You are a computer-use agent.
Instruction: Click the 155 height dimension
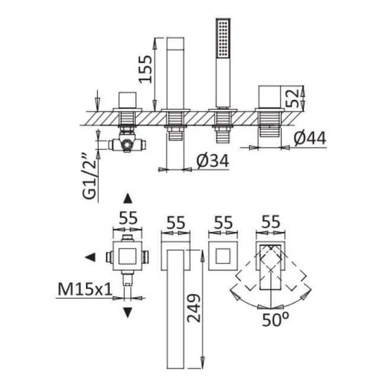point(145,69)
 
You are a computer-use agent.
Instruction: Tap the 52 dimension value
point(293,98)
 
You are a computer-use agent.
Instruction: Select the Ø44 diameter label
point(310,138)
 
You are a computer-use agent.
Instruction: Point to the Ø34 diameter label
point(213,161)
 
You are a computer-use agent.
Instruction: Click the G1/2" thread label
point(90,177)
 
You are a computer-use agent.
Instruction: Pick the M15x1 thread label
point(85,289)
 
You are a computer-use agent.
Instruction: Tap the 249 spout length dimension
point(194,308)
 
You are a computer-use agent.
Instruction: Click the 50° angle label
point(275,320)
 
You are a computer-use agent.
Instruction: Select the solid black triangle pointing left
point(90,257)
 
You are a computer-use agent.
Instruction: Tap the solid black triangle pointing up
point(127,199)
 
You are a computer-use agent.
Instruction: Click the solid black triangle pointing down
point(127,312)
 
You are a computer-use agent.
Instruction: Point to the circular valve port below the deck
point(127,145)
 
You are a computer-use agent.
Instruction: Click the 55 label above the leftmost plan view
point(128,218)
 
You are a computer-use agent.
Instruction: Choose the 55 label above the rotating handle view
point(271,222)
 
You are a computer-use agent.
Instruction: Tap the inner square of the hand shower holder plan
point(223,256)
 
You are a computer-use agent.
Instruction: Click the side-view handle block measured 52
point(270,97)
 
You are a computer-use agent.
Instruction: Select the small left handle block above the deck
point(127,100)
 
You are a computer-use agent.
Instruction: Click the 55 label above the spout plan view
point(175,223)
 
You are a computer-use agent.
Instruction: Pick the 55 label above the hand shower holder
point(223,222)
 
